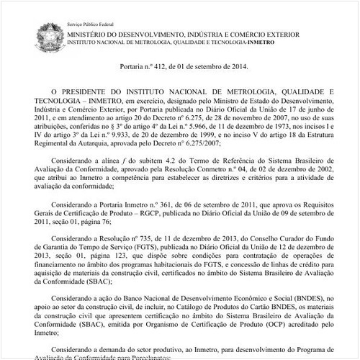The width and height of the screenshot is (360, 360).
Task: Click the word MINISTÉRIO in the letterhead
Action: [91, 35]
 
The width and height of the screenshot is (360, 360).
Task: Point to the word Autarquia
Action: [112, 143]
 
